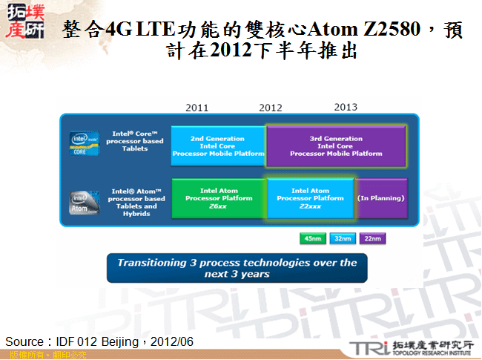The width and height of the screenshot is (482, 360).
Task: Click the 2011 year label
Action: click(x=197, y=108)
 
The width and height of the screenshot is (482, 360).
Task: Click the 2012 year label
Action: click(x=271, y=108)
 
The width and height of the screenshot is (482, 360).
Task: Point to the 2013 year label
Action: click(x=346, y=107)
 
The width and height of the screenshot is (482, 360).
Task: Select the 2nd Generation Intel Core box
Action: click(x=217, y=146)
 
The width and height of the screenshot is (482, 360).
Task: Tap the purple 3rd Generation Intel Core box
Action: click(x=336, y=146)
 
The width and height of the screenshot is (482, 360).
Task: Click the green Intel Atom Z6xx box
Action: click(x=218, y=199)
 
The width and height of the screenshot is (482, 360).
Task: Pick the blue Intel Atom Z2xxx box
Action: click(x=310, y=199)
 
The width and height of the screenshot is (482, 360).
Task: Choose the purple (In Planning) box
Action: click(x=381, y=199)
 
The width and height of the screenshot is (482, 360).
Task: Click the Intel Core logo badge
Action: click(x=85, y=143)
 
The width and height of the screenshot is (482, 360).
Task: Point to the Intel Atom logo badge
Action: click(x=85, y=202)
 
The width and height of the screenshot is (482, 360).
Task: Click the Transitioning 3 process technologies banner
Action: click(x=236, y=268)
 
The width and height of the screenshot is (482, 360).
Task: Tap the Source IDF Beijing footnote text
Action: click(x=99, y=341)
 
